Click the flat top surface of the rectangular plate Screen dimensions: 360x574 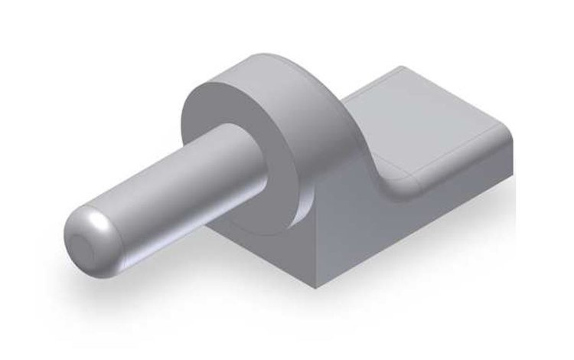coord(429,123)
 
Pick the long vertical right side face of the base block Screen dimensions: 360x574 coord(413,230)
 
